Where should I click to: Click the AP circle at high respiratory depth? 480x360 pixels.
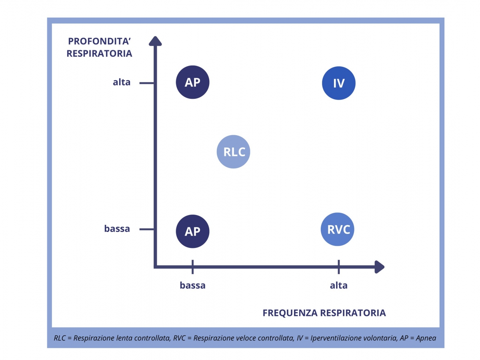coord(192,82)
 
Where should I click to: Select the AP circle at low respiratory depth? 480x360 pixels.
coord(192,232)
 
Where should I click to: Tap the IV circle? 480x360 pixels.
coord(339,83)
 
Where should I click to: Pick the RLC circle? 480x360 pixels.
coord(234,152)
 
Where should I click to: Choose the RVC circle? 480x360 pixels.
coord(338,229)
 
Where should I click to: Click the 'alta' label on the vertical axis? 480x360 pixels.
coord(121,83)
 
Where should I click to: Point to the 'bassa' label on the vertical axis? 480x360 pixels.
coord(117,229)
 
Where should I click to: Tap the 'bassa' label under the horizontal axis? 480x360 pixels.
coord(192,286)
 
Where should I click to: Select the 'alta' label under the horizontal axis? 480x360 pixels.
coord(339,286)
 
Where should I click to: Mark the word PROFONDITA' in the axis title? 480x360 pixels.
coord(100,41)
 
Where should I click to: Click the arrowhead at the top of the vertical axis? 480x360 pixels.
coord(155,40)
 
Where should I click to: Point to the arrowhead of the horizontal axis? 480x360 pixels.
coord(379,267)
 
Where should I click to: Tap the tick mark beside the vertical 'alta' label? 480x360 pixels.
coord(146,83)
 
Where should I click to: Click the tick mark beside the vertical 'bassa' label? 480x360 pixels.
coord(146,229)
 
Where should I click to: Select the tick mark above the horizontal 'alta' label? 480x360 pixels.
coord(339,266)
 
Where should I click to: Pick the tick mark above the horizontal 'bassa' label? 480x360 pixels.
coord(192,266)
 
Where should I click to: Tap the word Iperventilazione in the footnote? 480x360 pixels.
coord(335,338)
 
